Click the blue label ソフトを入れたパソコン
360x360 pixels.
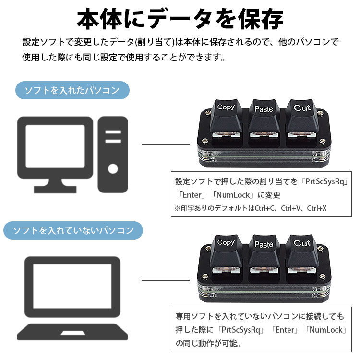pyautogui.click(x=72, y=90)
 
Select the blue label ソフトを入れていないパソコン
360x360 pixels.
pyautogui.click(x=73, y=230)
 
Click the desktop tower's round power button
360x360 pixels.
pyautogui.click(x=113, y=169)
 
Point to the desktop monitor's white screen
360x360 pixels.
pyautogui.click(x=55, y=146)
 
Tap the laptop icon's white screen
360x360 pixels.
pyautogui.click(x=72, y=286)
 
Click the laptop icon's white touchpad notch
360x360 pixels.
pyautogui.click(x=72, y=333)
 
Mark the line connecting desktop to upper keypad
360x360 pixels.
pyautogui.click(x=166, y=145)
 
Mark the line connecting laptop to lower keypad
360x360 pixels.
pyautogui.click(x=166, y=280)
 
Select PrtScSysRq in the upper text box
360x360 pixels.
pyautogui.click(x=325, y=181)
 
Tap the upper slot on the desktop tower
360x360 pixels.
pyautogui.click(x=113, y=132)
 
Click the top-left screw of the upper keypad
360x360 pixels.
pyautogui.click(x=208, y=113)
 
